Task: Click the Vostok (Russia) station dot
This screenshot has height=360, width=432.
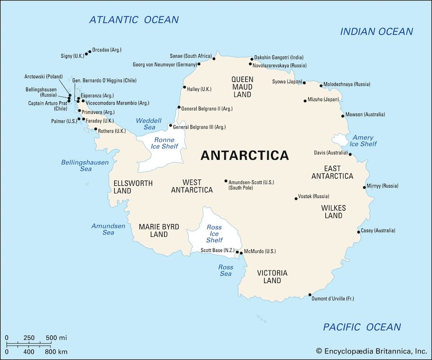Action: (x=296, y=198)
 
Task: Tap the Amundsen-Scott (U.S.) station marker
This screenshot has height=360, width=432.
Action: (x=226, y=181)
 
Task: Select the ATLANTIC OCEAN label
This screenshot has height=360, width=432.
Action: (x=134, y=20)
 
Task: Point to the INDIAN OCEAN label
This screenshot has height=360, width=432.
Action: (x=376, y=31)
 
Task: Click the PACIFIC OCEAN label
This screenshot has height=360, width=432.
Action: (x=362, y=327)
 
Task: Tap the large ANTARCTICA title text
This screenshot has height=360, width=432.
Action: (x=244, y=155)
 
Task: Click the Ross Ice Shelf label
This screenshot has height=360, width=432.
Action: (x=214, y=234)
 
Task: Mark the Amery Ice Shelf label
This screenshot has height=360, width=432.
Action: (x=363, y=141)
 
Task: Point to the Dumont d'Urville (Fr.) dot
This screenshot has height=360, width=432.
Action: (x=310, y=295)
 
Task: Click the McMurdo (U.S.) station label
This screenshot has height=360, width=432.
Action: (x=260, y=251)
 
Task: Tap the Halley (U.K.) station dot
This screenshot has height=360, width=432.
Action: (x=184, y=87)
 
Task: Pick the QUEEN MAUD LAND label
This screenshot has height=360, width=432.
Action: (x=242, y=87)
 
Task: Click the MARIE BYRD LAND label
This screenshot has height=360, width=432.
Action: (x=159, y=230)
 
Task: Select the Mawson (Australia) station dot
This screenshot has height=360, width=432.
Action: (x=343, y=116)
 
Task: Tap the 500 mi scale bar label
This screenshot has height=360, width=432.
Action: (x=56, y=337)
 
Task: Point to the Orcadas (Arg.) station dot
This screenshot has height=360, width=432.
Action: (x=90, y=52)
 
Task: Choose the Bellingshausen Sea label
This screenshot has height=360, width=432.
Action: (x=85, y=165)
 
